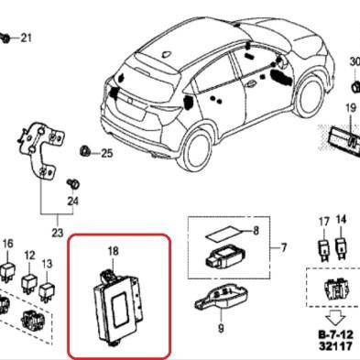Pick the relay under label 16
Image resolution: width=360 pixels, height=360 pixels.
[8, 267]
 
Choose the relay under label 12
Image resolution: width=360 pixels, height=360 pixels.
[29, 276]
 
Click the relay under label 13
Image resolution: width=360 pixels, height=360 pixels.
[48, 283]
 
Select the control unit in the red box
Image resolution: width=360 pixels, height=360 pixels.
[120, 302]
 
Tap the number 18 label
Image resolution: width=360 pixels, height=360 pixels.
[113, 250]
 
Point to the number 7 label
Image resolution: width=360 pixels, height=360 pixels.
[284, 248]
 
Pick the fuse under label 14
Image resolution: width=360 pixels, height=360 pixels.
[341, 246]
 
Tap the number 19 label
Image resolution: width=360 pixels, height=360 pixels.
[349, 110]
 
